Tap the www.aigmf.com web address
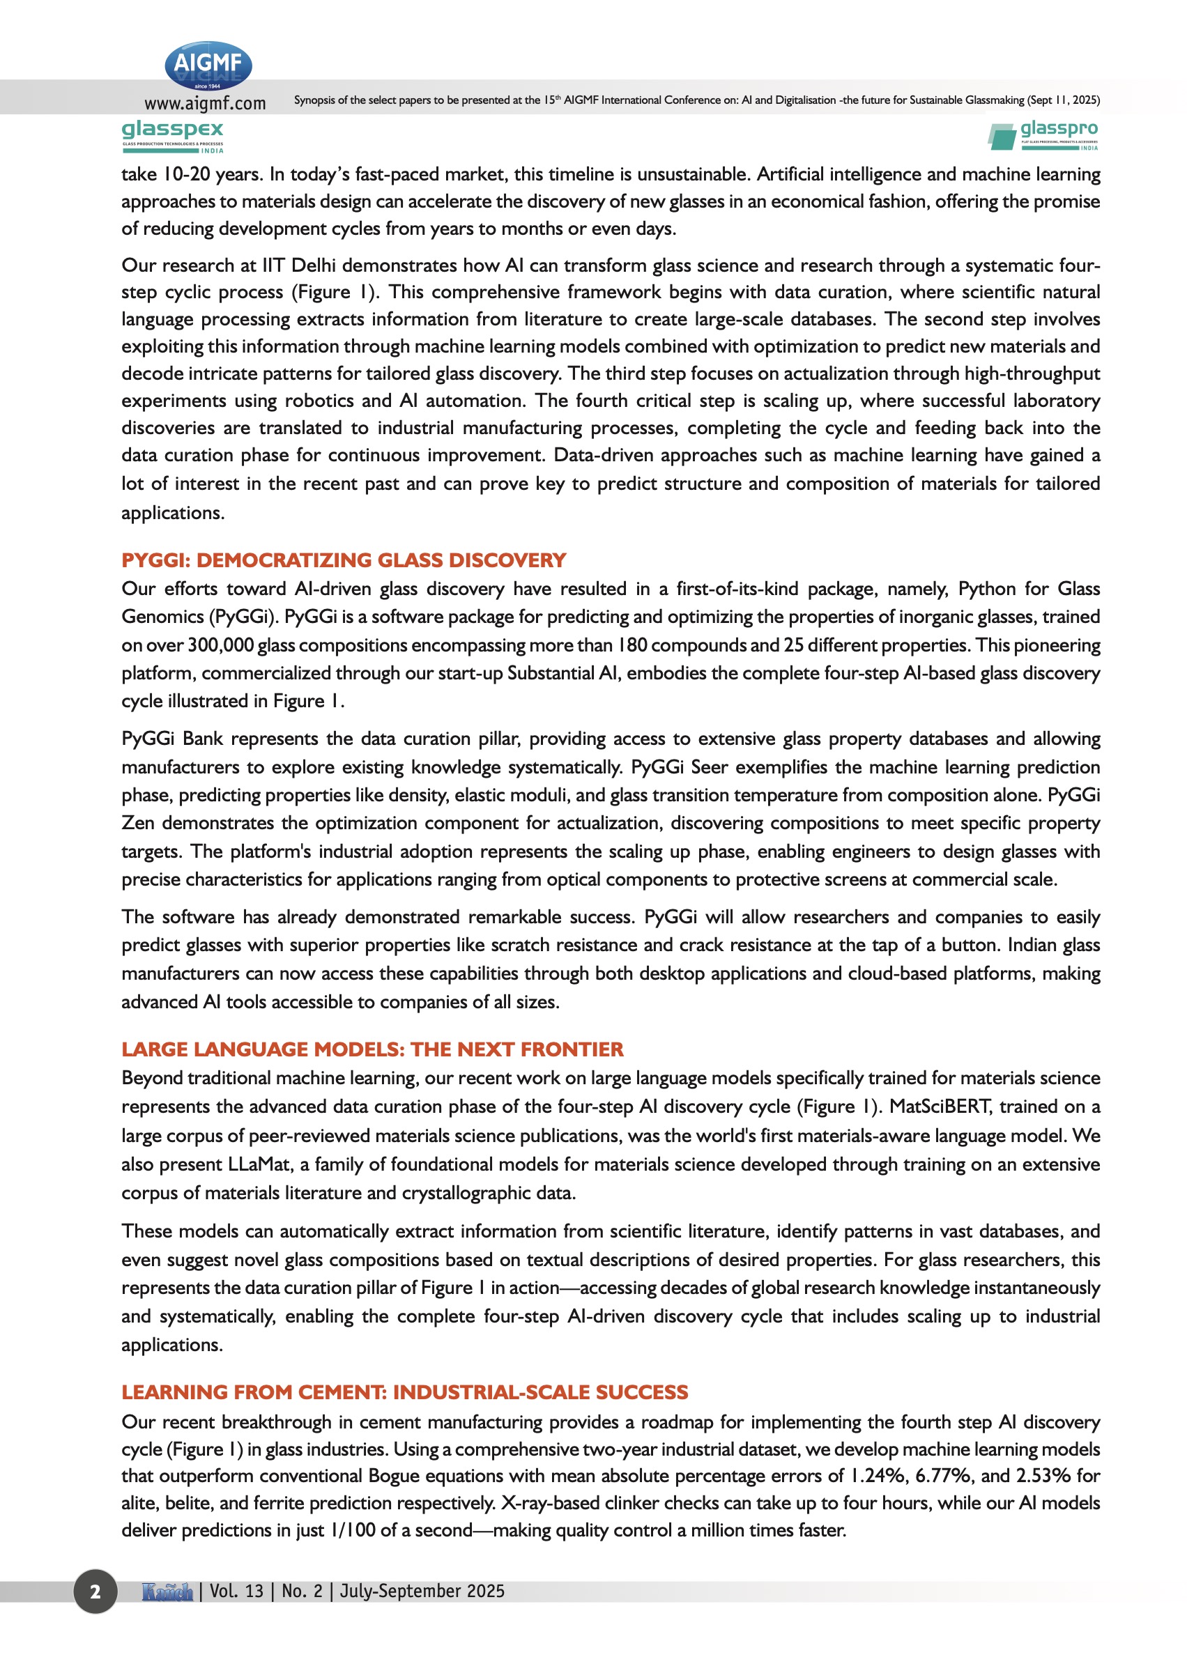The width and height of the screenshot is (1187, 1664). coord(205,103)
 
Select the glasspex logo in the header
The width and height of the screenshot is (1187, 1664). coord(172,136)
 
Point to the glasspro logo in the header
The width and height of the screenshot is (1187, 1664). coord(1043,135)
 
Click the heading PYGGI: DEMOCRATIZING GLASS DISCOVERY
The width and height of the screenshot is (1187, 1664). coord(344,560)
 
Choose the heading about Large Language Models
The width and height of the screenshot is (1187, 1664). coord(372,1049)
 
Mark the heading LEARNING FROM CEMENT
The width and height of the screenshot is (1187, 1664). coord(404,1392)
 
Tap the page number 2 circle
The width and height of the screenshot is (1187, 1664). coord(95,1591)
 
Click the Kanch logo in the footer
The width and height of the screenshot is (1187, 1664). coord(167,1591)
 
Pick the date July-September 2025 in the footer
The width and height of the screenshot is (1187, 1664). coord(422,1591)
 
